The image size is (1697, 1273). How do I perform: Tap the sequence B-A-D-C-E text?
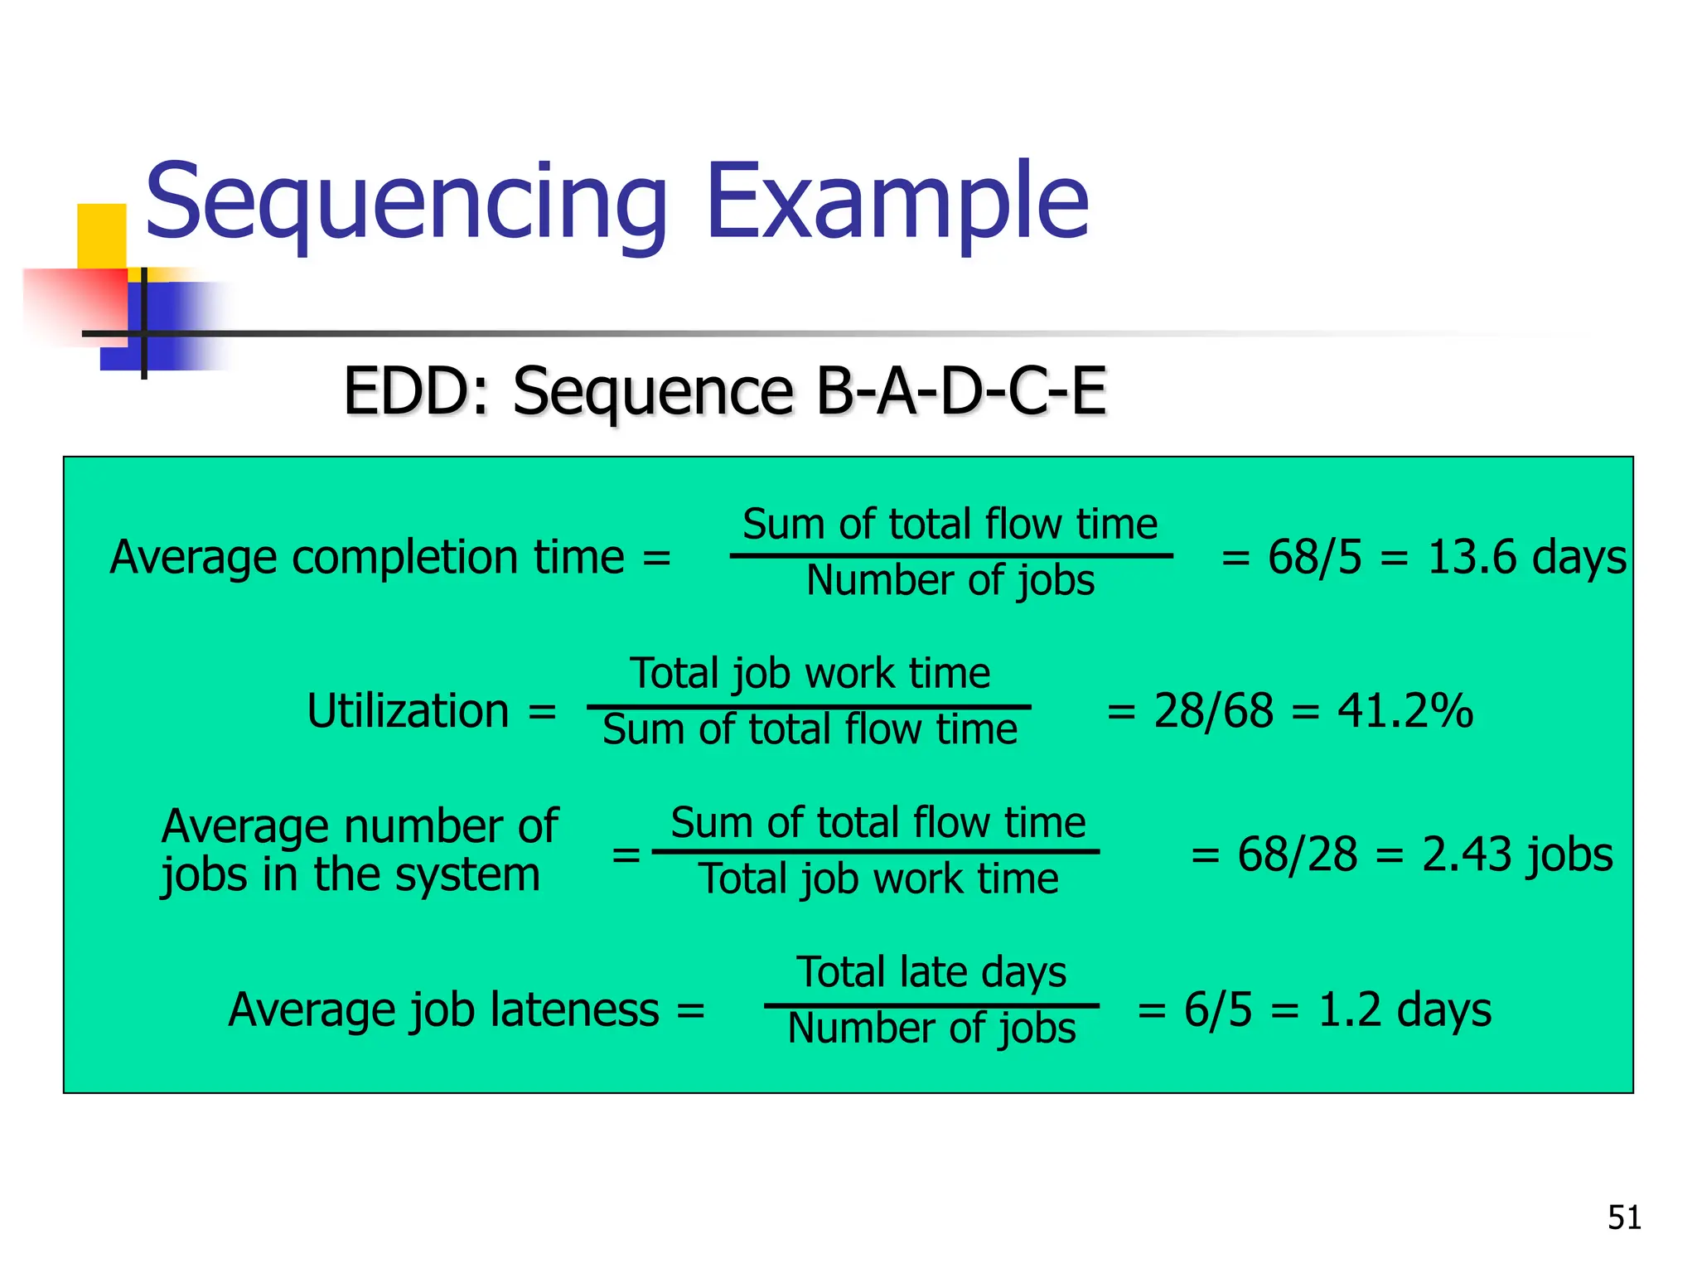click(x=961, y=390)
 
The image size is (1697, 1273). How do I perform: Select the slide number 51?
click(x=1624, y=1217)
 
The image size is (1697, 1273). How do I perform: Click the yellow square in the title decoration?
click(x=101, y=235)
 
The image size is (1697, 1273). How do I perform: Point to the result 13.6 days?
click(x=1527, y=556)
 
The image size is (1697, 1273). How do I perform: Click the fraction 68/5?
click(x=1314, y=556)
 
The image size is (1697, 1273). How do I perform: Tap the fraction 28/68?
click(x=1213, y=711)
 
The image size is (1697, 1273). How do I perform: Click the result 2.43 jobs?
click(x=1517, y=854)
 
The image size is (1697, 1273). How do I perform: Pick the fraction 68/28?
click(x=1298, y=854)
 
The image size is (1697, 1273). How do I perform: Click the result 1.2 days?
click(x=1404, y=1009)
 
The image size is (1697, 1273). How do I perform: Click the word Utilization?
click(x=408, y=711)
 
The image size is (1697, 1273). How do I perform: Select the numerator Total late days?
click(x=931, y=972)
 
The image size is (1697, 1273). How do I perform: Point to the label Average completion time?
click(x=367, y=556)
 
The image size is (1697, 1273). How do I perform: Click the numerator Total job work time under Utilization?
click(x=810, y=673)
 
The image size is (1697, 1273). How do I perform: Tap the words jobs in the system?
click(x=351, y=875)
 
